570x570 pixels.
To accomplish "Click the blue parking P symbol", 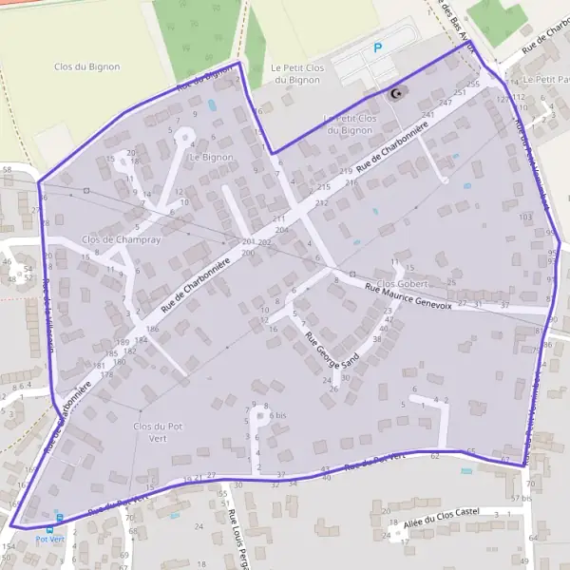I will click(377, 47).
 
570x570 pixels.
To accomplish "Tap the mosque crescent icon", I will click(395, 93).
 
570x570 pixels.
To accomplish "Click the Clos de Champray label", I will click(121, 240).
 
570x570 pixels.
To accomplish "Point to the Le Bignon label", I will click(211, 157).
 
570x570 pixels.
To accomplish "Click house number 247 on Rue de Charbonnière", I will click(445, 103).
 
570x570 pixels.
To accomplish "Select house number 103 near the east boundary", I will click(525, 218).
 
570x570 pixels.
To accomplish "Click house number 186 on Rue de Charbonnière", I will click(152, 329).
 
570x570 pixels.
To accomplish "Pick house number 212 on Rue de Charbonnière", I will click(322, 203).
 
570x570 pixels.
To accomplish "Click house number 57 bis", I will click(521, 498).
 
